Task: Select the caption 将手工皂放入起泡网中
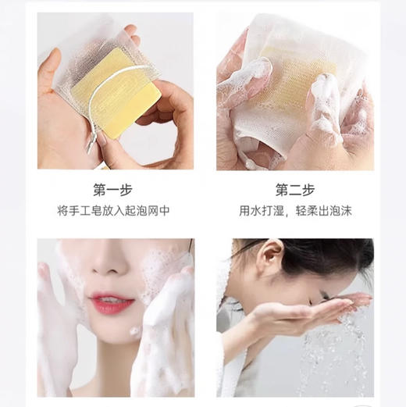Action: pos(115,211)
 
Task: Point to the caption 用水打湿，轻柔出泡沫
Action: pos(294,211)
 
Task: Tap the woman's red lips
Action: pos(112,302)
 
